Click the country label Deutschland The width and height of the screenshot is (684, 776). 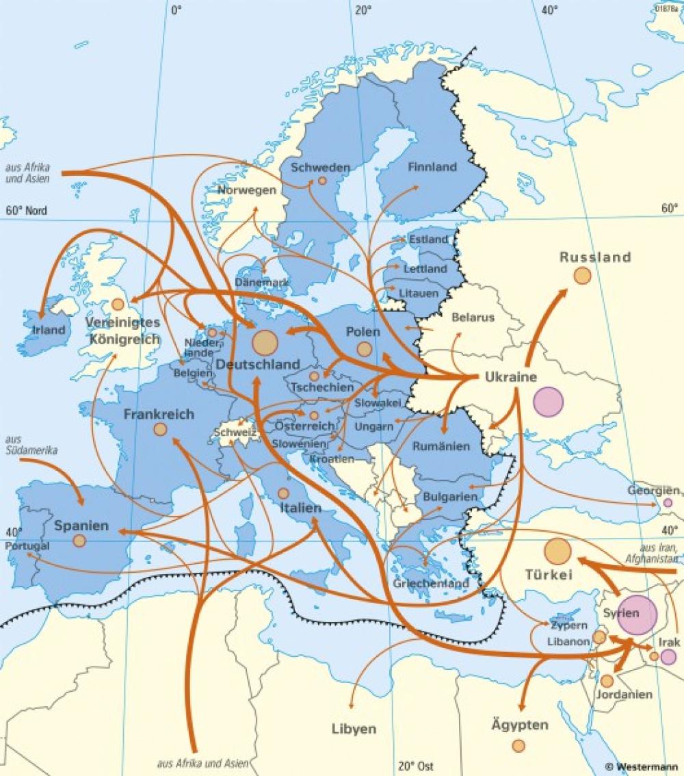(x=258, y=364)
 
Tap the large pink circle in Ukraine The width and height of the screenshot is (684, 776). (x=548, y=402)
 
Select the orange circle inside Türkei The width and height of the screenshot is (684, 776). (x=557, y=552)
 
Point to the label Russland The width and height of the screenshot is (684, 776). (x=595, y=258)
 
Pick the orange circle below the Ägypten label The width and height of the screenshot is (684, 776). (x=518, y=745)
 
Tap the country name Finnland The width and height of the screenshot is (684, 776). (x=432, y=167)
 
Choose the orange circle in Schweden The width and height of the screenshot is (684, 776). (x=322, y=181)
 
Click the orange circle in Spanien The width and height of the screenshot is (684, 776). (x=79, y=541)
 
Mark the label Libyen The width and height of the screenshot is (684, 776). (x=354, y=729)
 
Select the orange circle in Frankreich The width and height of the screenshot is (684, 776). (x=160, y=429)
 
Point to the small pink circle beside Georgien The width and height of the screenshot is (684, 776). (x=668, y=503)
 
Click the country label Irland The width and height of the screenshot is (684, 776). (x=49, y=330)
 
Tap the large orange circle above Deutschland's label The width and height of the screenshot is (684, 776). (x=265, y=341)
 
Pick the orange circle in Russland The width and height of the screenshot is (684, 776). (x=582, y=276)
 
